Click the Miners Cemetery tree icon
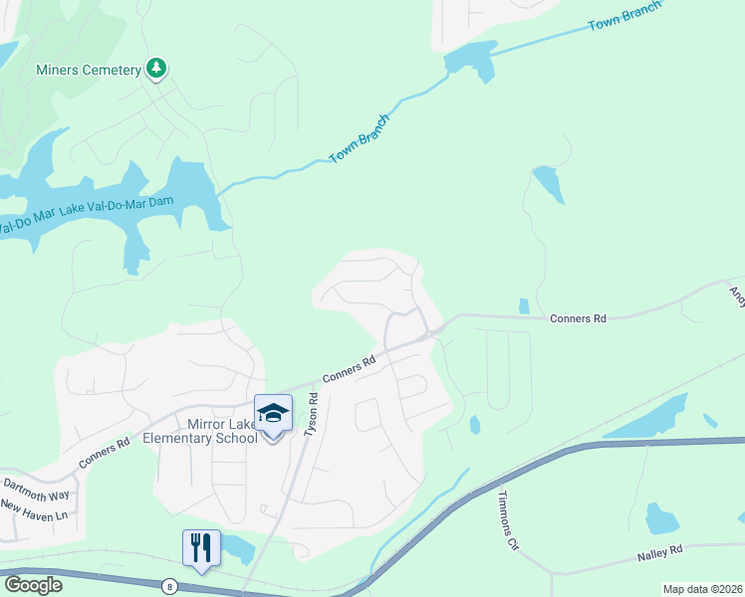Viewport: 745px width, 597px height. click(x=156, y=69)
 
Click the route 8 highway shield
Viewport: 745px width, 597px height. click(x=171, y=586)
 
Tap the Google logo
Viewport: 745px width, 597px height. click(x=33, y=585)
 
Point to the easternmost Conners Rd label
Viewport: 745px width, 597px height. click(x=578, y=318)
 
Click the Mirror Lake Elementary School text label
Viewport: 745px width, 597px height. click(x=199, y=431)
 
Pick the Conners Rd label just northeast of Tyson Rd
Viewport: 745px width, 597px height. click(x=349, y=369)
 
